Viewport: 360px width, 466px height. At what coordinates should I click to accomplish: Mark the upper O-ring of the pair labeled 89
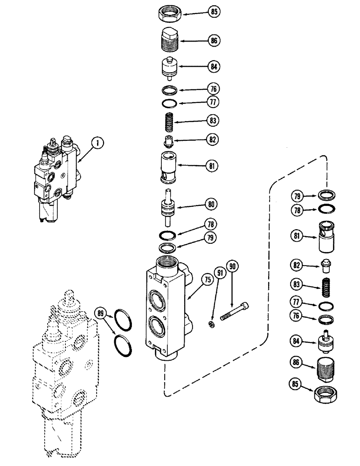pyautogui.click(x=124, y=322)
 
